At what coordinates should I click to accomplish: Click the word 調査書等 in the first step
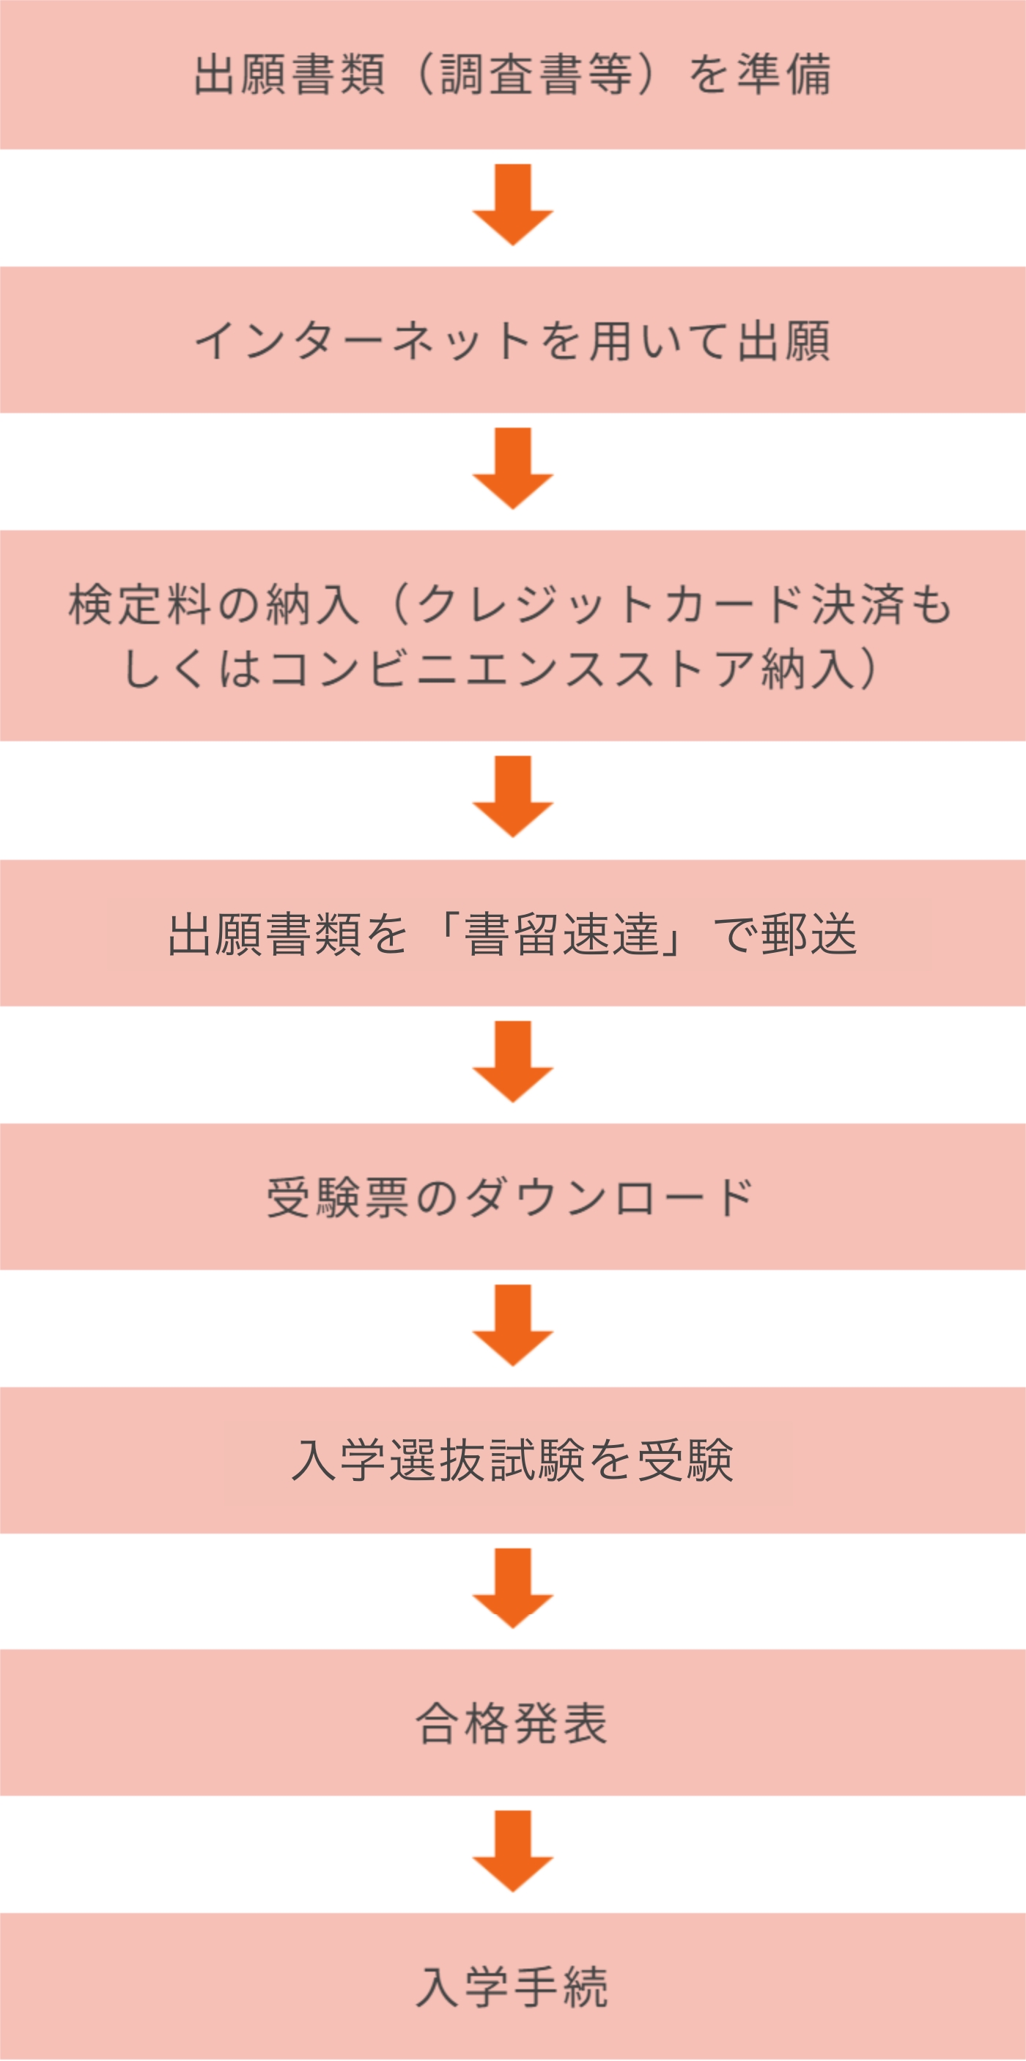click(x=536, y=75)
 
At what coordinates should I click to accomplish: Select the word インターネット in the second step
click(x=363, y=341)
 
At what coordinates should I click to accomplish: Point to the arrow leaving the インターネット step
click(x=513, y=468)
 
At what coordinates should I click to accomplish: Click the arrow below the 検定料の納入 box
click(x=513, y=796)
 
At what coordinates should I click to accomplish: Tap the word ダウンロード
click(x=610, y=1197)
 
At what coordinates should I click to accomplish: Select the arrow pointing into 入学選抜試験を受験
click(x=513, y=1325)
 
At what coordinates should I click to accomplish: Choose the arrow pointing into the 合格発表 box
click(x=513, y=1588)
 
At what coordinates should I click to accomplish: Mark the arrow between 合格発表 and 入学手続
click(x=513, y=1852)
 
